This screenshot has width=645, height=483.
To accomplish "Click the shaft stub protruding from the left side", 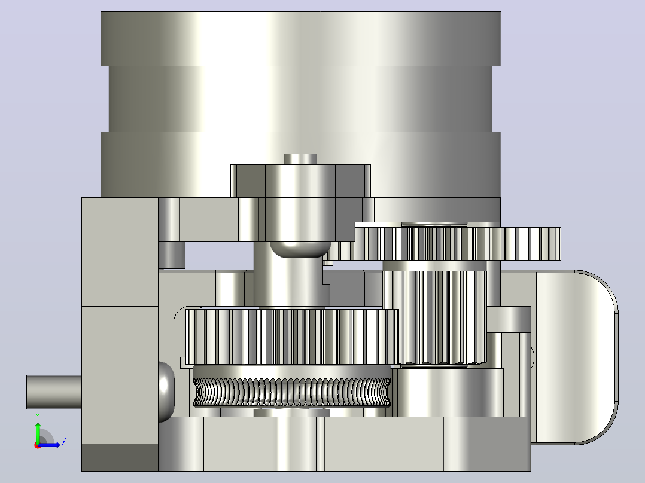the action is coord(54,392).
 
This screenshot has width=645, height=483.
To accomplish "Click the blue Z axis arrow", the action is coord(49,445).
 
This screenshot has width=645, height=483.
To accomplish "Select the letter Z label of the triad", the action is coord(64,442).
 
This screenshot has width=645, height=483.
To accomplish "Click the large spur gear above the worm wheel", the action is coord(291,337).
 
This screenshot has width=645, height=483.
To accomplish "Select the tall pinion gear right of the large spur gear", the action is coord(435,317).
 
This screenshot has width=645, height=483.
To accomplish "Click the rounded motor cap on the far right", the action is coord(576,357).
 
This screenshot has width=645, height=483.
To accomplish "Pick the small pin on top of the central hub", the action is coord(300,159).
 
